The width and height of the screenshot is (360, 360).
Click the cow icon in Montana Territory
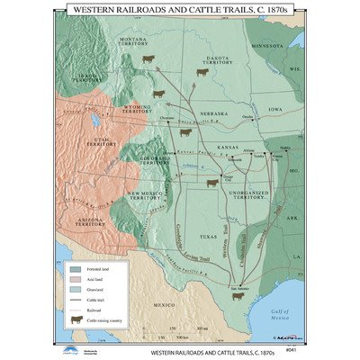pos(148,59)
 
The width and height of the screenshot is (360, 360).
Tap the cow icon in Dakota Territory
pos(203,74)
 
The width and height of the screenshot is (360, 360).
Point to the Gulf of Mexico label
pos(285,310)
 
